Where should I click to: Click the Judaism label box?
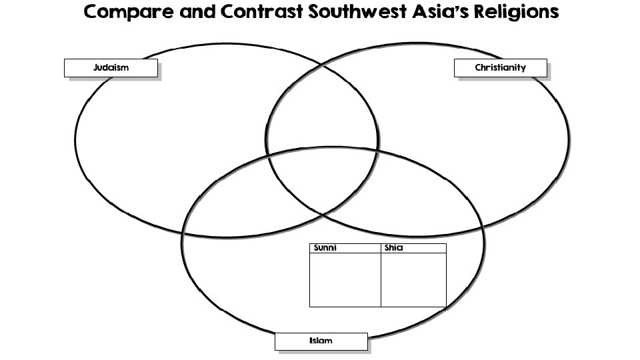[x=111, y=68]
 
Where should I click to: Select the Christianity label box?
[x=500, y=68]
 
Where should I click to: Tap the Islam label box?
[x=321, y=341]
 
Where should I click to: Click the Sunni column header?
[x=345, y=249]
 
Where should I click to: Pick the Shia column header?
[x=413, y=249]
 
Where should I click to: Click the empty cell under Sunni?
[x=345, y=280]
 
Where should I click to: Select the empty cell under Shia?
[x=413, y=280]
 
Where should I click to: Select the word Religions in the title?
[x=523, y=13]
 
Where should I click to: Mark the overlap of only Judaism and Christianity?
[x=323, y=107]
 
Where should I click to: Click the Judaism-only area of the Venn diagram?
[x=167, y=133]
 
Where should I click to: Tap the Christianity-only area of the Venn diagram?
[x=480, y=133]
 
